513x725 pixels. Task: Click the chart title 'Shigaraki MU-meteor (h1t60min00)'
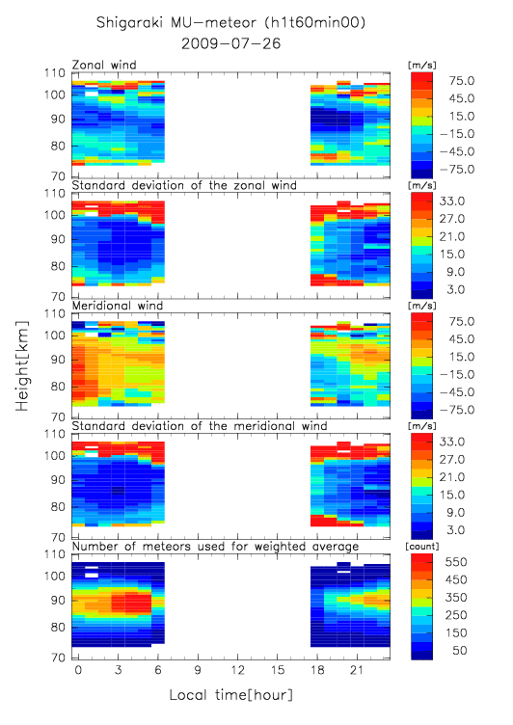[230, 22]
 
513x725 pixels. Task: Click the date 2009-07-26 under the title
[230, 43]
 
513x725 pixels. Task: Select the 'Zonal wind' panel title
[104, 65]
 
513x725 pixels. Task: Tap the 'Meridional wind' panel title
[118, 306]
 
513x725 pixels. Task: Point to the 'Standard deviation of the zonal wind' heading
[184, 185]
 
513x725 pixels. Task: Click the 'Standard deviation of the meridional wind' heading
[200, 426]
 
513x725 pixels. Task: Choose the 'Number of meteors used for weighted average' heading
[215, 547]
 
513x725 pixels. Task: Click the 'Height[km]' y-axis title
[22, 366]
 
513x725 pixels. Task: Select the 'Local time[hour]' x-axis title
[230, 694]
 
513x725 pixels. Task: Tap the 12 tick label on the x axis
[238, 670]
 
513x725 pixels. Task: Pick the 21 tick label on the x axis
[357, 670]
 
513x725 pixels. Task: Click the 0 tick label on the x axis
[78, 670]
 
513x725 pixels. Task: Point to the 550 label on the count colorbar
[456, 562]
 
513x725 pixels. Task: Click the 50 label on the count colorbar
[459, 651]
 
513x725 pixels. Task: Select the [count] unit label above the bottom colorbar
[421, 547]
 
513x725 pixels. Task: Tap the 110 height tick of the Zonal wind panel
[55, 73]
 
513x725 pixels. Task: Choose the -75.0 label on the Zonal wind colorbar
[457, 170]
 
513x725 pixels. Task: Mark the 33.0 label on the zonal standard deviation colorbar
[451, 201]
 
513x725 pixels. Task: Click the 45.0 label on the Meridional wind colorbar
[462, 339]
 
